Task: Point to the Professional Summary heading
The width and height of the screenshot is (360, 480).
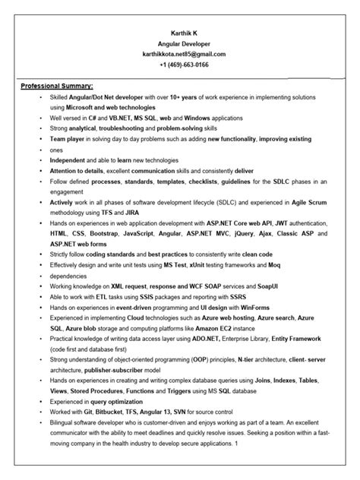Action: point(57,86)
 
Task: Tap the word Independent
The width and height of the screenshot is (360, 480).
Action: point(68,160)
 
